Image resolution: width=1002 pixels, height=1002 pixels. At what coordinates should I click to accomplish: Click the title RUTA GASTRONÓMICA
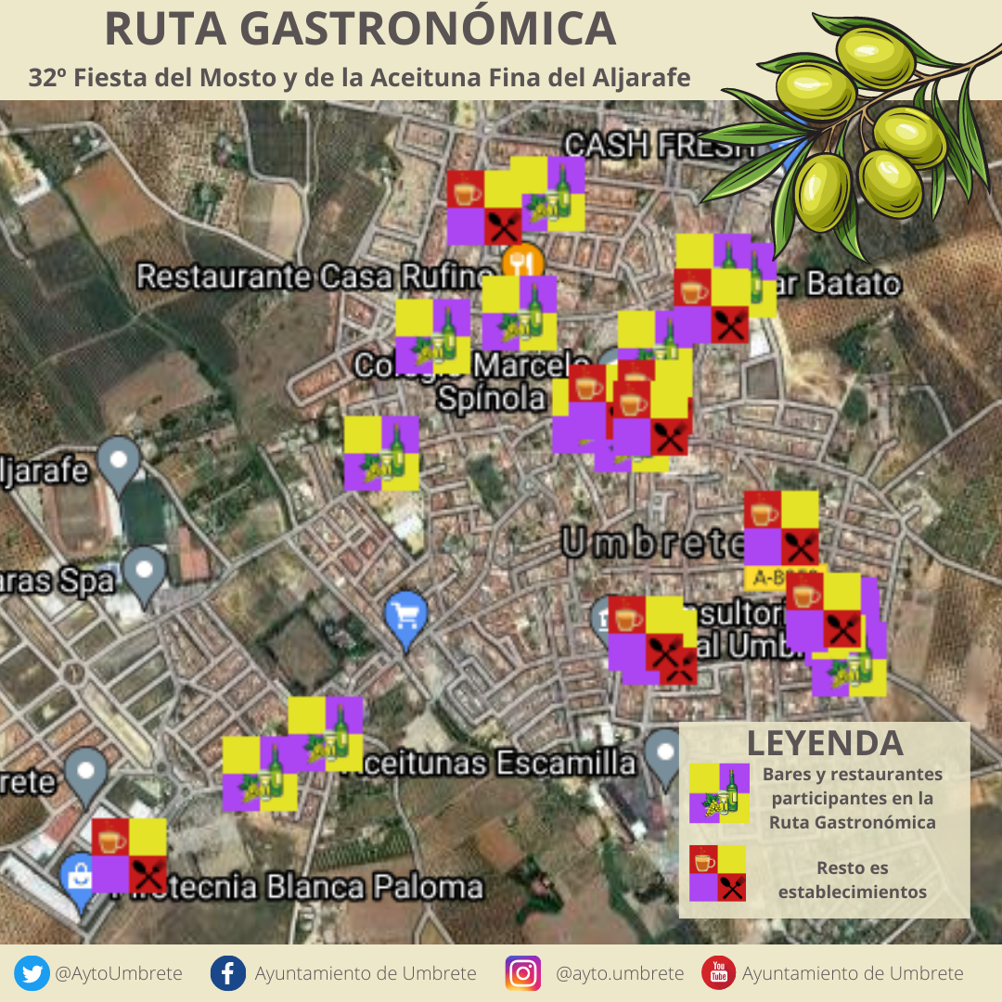(x=360, y=30)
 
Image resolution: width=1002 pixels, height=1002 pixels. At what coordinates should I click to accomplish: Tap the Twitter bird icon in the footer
(x=32, y=973)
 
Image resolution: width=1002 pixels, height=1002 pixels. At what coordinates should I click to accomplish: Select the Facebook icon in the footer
(x=227, y=973)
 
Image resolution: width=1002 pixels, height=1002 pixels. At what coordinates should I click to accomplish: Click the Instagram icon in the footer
(x=523, y=973)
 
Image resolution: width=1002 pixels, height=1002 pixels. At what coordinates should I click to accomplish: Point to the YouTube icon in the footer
(x=718, y=973)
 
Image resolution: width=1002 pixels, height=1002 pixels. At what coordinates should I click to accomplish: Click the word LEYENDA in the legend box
(x=825, y=743)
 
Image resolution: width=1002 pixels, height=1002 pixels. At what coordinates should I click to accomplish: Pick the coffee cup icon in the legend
(x=704, y=860)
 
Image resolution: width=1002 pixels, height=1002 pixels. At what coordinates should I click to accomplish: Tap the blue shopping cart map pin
(x=406, y=615)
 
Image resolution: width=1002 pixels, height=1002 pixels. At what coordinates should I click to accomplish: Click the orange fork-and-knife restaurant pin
(x=522, y=263)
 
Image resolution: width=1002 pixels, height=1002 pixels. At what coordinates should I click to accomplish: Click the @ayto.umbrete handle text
(x=620, y=973)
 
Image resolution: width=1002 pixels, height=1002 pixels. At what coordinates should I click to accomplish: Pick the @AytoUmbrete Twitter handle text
(x=119, y=973)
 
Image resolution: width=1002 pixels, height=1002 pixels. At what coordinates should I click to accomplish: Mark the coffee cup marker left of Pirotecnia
(x=110, y=838)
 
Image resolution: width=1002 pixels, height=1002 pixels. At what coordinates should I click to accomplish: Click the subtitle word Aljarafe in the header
(x=641, y=78)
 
